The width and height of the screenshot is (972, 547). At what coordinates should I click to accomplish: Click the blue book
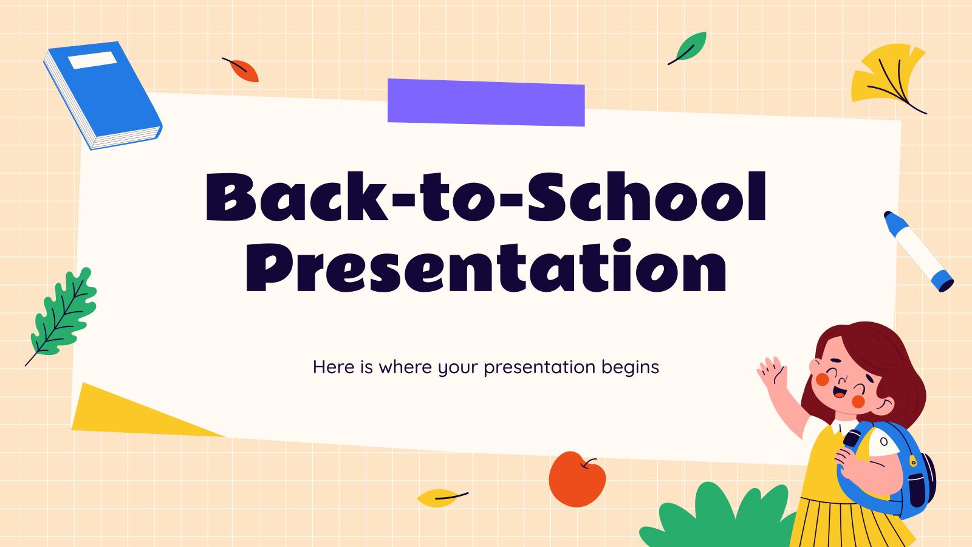[103, 95]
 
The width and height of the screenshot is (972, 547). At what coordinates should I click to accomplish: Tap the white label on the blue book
[93, 60]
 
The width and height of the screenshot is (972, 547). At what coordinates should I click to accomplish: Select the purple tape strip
[486, 103]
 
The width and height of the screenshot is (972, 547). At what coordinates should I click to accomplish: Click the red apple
[577, 479]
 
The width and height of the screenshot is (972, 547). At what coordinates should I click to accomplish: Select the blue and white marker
[919, 252]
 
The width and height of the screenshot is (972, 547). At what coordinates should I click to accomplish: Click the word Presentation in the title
[486, 266]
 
